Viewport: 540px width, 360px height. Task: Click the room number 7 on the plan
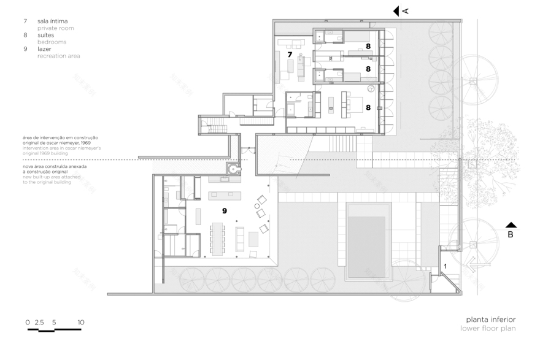coord(290,55)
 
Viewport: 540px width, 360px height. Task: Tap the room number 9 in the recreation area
coord(225,210)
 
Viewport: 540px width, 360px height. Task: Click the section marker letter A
coord(405,10)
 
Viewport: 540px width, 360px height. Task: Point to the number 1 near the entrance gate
coord(445,266)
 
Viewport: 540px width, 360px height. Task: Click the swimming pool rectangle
coord(369,240)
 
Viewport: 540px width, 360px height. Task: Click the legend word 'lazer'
coord(45,48)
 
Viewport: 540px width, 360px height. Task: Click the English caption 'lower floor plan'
coord(488,328)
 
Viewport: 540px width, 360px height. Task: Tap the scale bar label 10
coord(80,322)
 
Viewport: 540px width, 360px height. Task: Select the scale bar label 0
coord(27,322)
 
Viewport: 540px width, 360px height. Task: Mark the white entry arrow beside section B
coord(472,266)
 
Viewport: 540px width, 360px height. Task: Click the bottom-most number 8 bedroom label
coord(368,106)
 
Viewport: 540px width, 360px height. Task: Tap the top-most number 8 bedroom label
coord(368,46)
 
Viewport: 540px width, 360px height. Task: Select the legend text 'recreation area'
coord(58,56)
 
